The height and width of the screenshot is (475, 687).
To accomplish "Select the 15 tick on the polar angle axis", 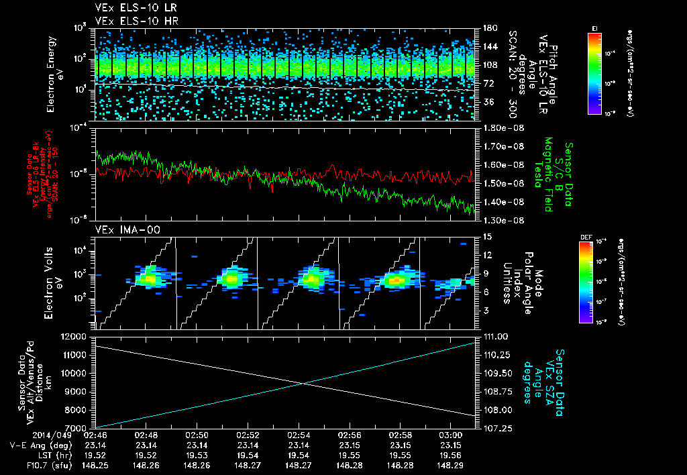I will point(485,237).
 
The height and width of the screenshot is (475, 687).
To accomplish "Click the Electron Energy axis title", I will point(54,74).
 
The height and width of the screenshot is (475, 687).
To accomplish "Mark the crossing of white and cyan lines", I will point(304,383).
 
